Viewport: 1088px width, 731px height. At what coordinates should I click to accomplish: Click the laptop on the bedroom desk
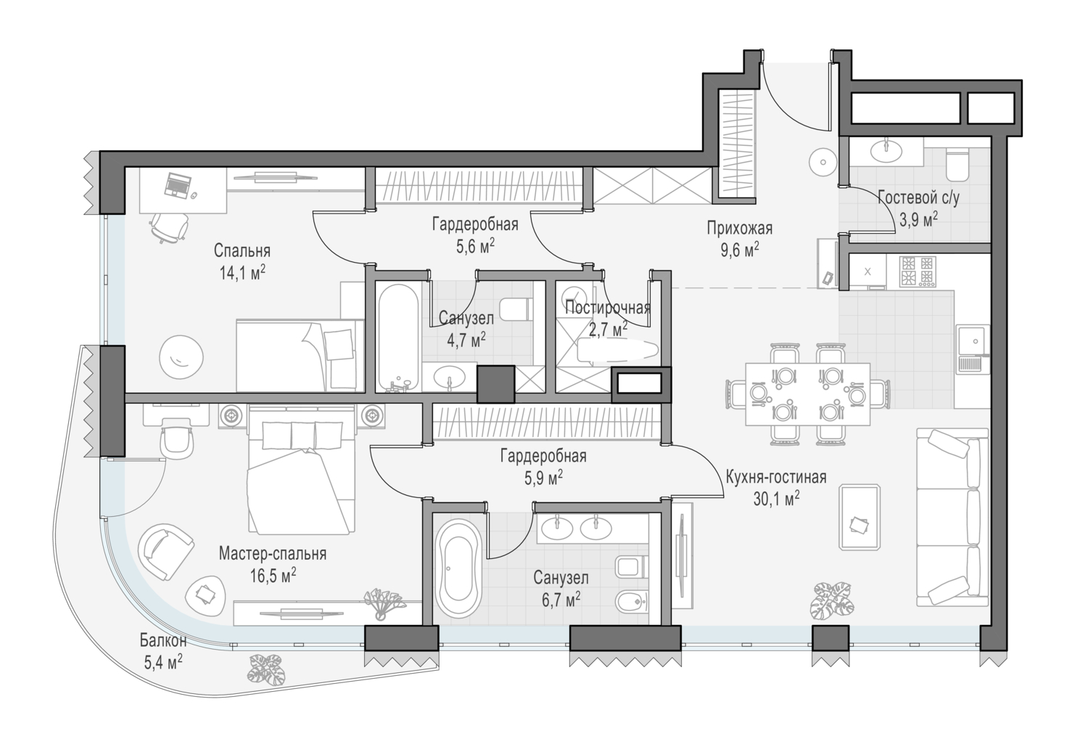(178, 186)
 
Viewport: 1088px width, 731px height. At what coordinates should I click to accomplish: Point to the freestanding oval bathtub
(458, 568)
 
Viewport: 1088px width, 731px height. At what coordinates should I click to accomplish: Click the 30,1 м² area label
(776, 499)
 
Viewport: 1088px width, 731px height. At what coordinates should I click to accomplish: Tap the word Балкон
(163, 640)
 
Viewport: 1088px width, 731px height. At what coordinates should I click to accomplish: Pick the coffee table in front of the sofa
(860, 517)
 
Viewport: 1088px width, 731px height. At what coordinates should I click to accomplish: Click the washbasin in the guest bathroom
(886, 152)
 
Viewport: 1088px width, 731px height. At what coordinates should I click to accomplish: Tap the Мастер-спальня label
(273, 553)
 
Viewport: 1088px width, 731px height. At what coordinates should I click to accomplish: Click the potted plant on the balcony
(266, 669)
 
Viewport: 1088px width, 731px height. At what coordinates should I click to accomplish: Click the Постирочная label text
(608, 307)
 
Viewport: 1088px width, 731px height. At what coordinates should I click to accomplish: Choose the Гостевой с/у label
(919, 198)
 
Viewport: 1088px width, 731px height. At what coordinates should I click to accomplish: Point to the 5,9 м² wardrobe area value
(543, 479)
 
